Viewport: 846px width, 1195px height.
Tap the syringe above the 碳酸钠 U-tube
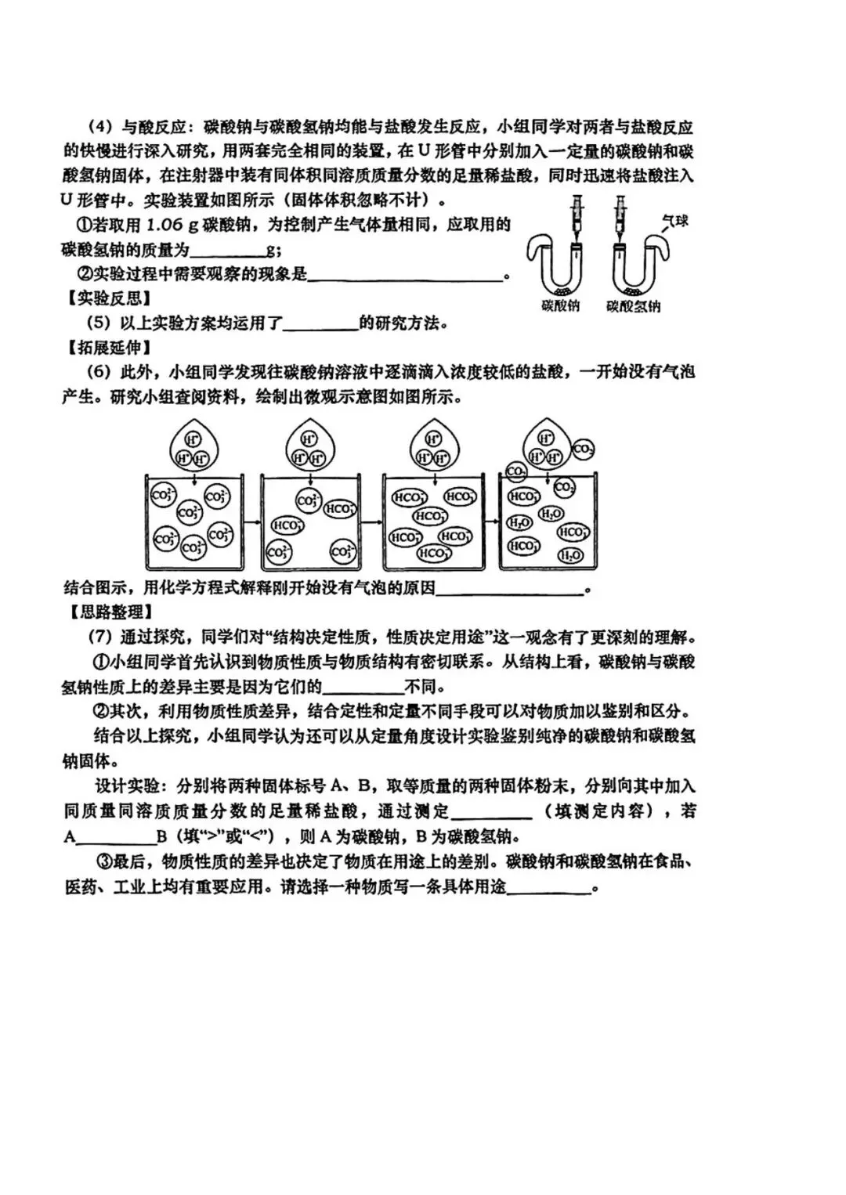pyautogui.click(x=577, y=215)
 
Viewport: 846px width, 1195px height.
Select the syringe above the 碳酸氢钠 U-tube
pyautogui.click(x=621, y=215)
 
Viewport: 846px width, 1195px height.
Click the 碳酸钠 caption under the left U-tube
pyautogui.click(x=560, y=305)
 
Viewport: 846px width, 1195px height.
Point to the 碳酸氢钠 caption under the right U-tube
pyautogui.click(x=633, y=306)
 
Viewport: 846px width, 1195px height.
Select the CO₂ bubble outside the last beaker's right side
pyautogui.click(x=583, y=449)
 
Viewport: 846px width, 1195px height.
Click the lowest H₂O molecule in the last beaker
pyautogui.click(x=569, y=555)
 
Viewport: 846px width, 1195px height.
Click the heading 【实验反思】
pyautogui.click(x=107, y=298)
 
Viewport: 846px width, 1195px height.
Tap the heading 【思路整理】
pyautogui.click(x=107, y=612)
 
